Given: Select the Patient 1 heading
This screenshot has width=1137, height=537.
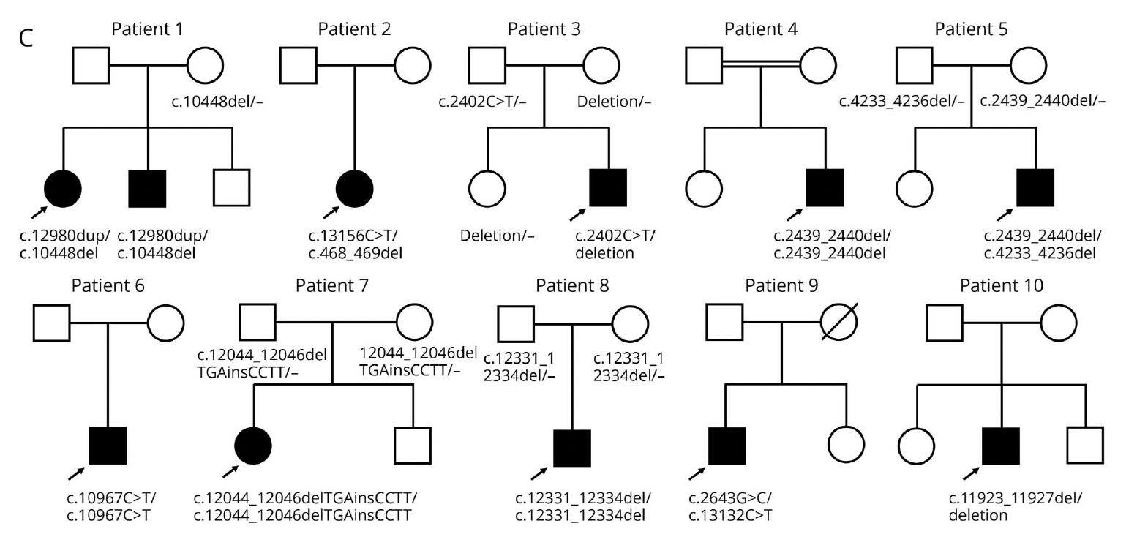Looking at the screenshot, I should pyautogui.click(x=147, y=29).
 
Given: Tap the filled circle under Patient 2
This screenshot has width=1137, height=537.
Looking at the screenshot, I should pyautogui.click(x=355, y=188).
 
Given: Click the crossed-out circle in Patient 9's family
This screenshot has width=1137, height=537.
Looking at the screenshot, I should pyautogui.click(x=839, y=322).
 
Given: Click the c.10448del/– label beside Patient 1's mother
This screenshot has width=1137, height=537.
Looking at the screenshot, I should pyautogui.click(x=217, y=102).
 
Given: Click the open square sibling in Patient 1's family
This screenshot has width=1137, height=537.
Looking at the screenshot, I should pyautogui.click(x=232, y=188).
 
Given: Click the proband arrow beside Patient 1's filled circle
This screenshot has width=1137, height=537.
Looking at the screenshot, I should pyautogui.click(x=38, y=213).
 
